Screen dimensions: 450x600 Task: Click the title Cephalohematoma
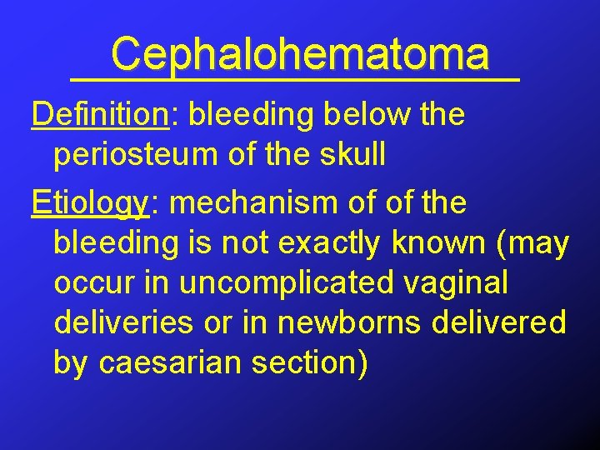pos(300,55)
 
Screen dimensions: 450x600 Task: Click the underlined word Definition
pos(100,115)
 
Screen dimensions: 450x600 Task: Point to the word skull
pos(349,156)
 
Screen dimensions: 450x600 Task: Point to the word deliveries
pos(125,322)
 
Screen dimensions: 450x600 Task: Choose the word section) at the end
pos(316,363)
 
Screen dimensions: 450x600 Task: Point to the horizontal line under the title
pos(296,78)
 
